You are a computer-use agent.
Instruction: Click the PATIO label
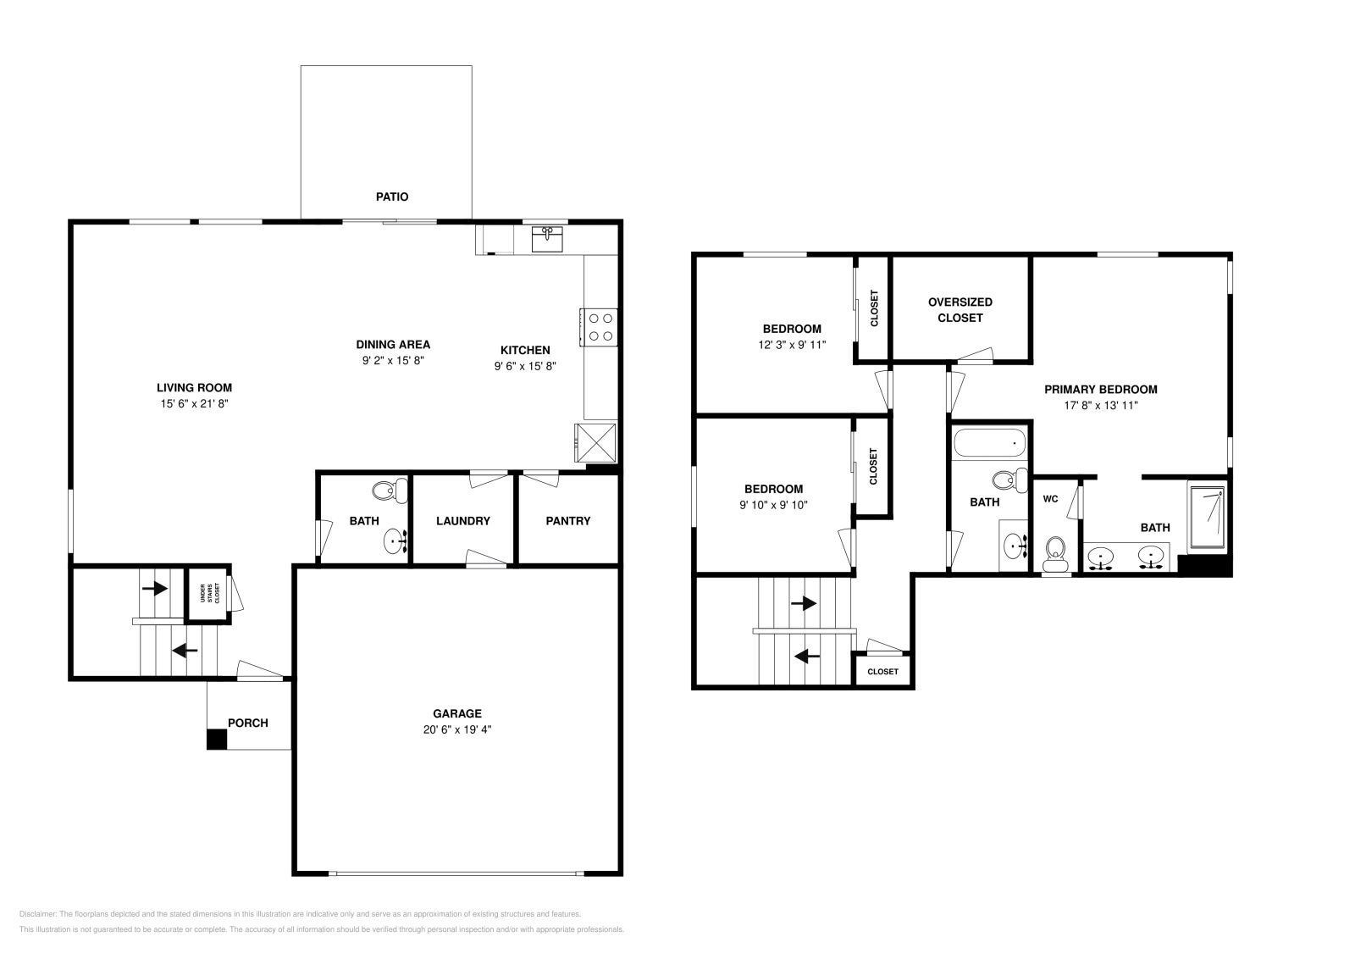392,197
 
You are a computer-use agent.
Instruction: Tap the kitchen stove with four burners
600,327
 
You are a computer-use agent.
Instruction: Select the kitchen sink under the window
547,240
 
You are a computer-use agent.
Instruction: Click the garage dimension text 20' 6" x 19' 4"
457,729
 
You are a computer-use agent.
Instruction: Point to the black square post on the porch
217,739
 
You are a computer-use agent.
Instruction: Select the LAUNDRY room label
463,521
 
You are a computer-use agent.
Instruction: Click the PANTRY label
567,521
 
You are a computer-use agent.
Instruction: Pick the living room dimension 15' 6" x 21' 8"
196,404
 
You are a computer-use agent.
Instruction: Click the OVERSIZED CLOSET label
960,310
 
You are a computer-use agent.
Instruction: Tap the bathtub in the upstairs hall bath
989,443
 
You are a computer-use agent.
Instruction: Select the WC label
1050,499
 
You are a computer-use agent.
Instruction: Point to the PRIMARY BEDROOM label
1100,390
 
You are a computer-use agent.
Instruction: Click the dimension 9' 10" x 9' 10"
774,505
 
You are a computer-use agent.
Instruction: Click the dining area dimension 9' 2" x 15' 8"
393,360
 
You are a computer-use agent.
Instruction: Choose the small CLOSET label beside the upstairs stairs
882,671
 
